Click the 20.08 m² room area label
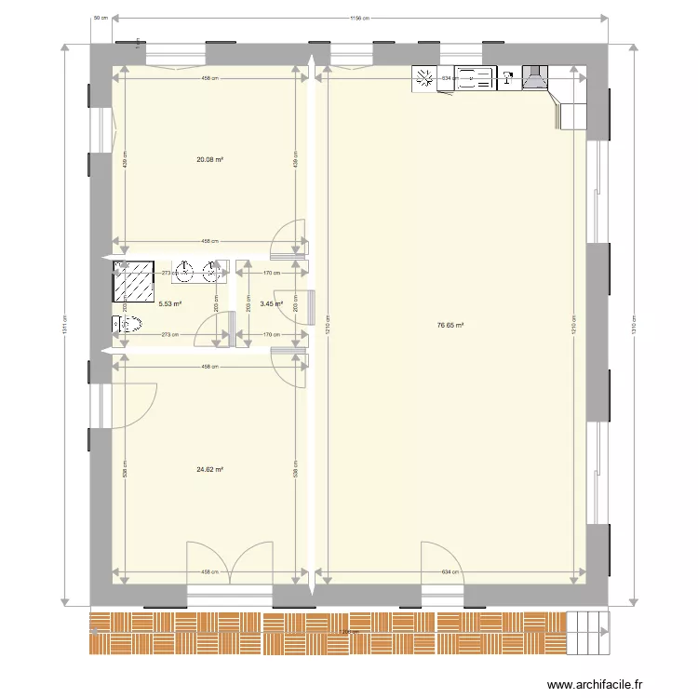tap(209, 159)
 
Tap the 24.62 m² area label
tap(209, 470)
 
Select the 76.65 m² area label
tap(450, 325)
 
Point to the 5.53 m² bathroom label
tap(169, 303)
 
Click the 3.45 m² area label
tap(271, 303)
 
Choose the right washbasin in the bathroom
tap(214, 272)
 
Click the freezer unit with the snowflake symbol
tap(425, 79)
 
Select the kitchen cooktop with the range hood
tap(535, 78)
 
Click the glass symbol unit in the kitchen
tap(509, 79)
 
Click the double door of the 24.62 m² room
tap(229, 564)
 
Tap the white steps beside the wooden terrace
tap(587, 633)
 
